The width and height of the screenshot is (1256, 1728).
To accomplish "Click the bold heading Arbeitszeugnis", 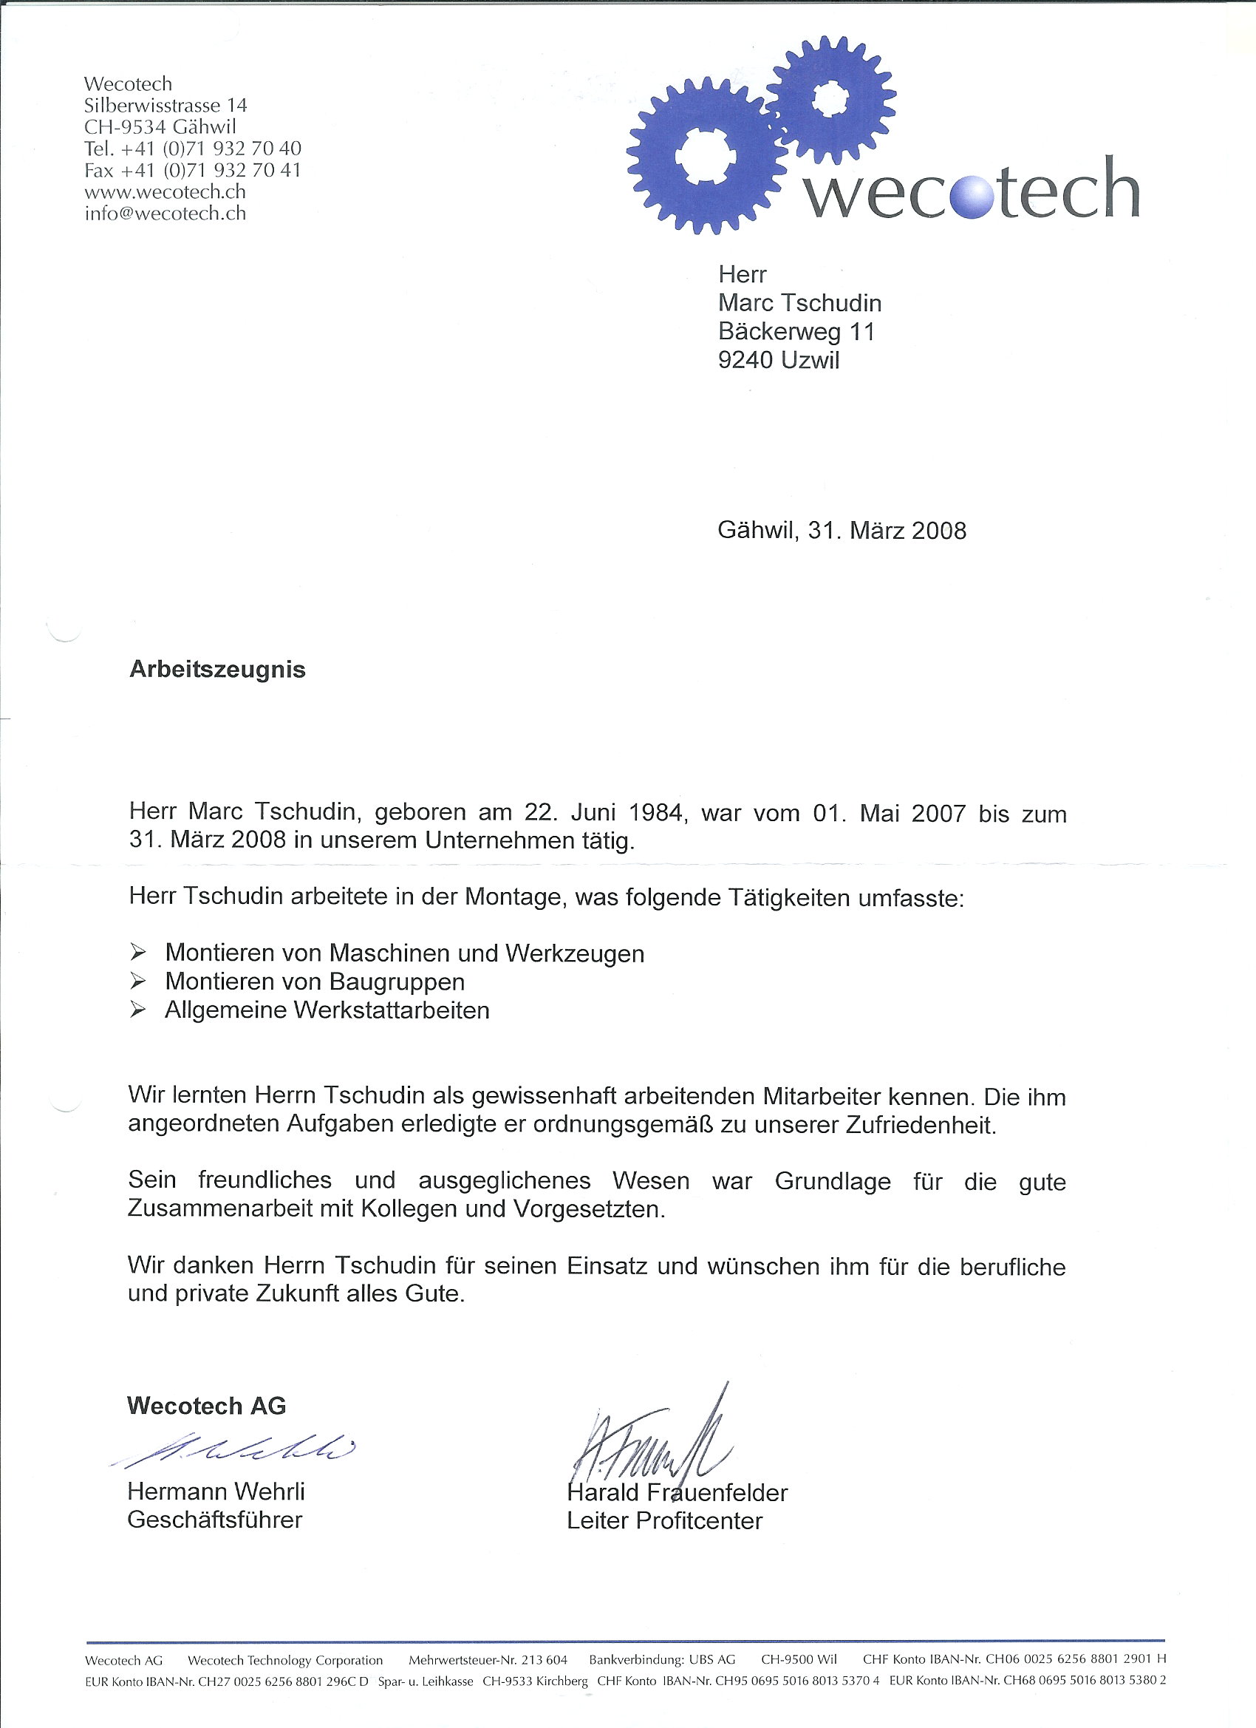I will pyautogui.click(x=217, y=669).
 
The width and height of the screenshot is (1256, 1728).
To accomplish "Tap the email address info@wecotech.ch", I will pyautogui.click(x=165, y=214).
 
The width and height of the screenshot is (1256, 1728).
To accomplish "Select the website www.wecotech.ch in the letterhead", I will pyautogui.click(x=165, y=192).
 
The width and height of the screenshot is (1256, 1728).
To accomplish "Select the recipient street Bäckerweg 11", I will pyautogui.click(x=796, y=331).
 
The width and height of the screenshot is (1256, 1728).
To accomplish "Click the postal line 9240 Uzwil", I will pyautogui.click(x=779, y=360).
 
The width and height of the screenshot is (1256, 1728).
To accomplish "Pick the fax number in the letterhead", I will pyautogui.click(x=193, y=170).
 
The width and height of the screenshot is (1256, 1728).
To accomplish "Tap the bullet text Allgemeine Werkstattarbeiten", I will pyautogui.click(x=327, y=1010).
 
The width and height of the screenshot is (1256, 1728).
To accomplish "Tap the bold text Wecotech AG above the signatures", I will pyautogui.click(x=206, y=1406).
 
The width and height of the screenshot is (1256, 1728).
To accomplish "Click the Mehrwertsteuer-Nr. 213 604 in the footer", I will pyautogui.click(x=488, y=1659).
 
